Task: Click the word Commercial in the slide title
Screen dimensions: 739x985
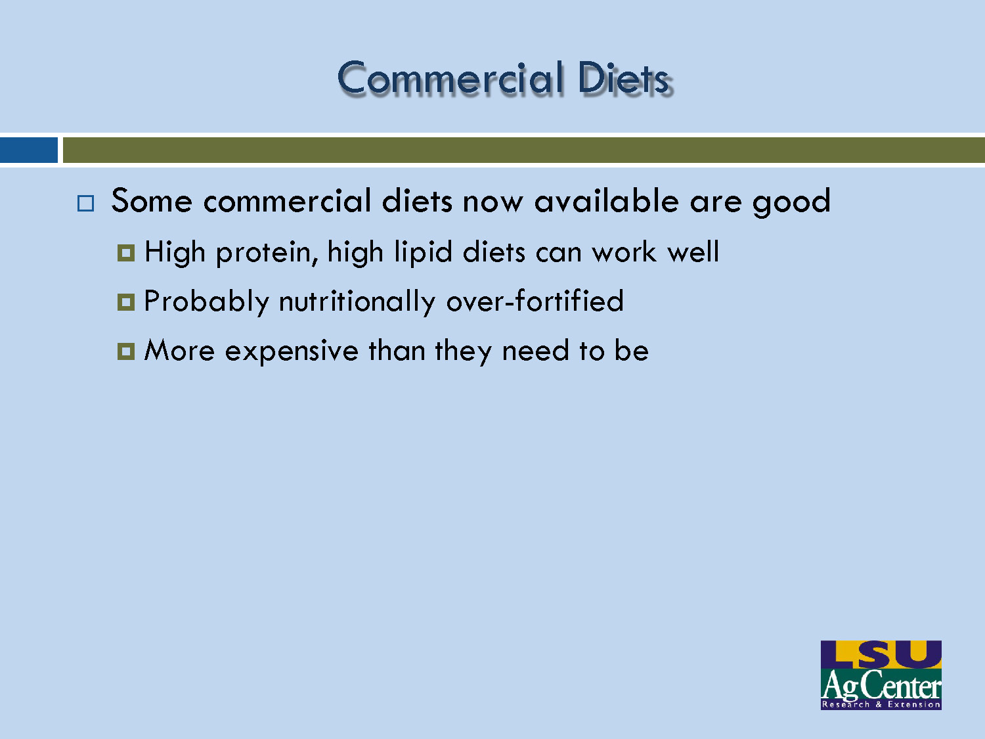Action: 450,78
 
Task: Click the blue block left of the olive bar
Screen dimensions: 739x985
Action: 28,150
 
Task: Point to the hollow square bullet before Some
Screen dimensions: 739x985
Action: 85,203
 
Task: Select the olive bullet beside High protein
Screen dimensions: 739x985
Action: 125,253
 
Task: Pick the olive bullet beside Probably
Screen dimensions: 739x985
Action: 125,302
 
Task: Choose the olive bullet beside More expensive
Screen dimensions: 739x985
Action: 125,351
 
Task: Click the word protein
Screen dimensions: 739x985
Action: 267,253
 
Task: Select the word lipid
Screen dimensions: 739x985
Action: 424,253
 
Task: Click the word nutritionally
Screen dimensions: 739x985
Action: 357,302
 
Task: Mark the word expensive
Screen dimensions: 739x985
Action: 292,351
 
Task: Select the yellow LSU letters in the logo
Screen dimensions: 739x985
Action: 881,654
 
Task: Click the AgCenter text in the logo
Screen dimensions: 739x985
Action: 881,686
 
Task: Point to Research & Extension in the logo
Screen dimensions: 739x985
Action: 881,704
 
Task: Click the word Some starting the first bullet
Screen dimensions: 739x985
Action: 152,200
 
